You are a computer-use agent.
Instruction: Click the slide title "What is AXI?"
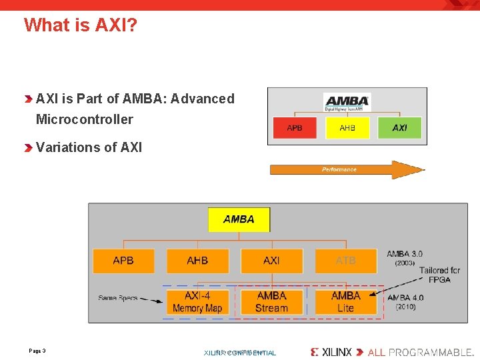pyautogui.click(x=81, y=25)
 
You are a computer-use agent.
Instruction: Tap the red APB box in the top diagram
pyautogui.click(x=294, y=127)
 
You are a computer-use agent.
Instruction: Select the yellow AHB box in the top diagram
pyautogui.click(x=347, y=127)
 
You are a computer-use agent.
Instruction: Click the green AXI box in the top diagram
pyautogui.click(x=399, y=127)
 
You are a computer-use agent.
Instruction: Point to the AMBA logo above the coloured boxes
pyautogui.click(x=347, y=101)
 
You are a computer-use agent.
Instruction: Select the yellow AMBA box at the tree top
pyautogui.click(x=239, y=219)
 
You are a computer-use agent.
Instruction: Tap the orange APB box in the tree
pyautogui.click(x=123, y=261)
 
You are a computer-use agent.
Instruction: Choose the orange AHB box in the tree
pyautogui.click(x=197, y=261)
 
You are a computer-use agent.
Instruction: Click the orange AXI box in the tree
pyautogui.click(x=271, y=261)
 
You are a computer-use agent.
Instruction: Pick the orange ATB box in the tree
pyautogui.click(x=345, y=261)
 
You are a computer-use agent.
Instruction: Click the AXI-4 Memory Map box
pyautogui.click(x=197, y=302)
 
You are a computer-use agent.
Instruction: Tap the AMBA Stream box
pyautogui.click(x=271, y=302)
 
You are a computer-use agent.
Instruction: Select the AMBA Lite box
pyautogui.click(x=345, y=302)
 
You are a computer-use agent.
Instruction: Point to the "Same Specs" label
pyautogui.click(x=118, y=298)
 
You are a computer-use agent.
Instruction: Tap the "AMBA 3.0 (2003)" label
pyautogui.click(x=404, y=258)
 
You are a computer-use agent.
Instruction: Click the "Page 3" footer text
pyautogui.click(x=37, y=351)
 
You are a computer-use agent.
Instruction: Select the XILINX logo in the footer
pyautogui.click(x=332, y=352)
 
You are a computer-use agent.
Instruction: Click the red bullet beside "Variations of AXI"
pyautogui.click(x=28, y=148)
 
